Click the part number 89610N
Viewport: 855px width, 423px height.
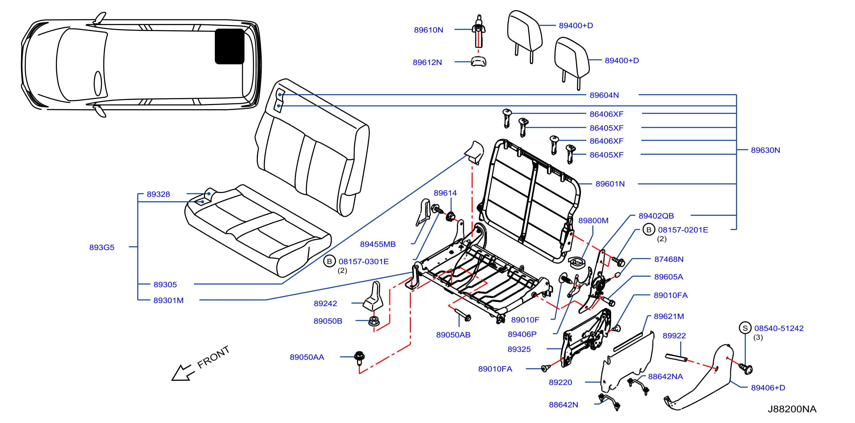point(428,30)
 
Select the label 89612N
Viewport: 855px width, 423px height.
point(427,62)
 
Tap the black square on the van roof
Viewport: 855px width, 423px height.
point(229,46)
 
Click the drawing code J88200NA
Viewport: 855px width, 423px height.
point(792,409)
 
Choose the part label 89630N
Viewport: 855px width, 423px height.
point(765,150)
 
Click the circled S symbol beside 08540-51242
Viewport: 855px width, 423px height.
point(745,328)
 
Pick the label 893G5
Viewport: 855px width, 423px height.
point(102,247)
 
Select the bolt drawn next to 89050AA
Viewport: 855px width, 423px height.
point(359,358)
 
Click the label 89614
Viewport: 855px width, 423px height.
point(445,193)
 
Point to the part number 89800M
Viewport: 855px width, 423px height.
point(593,221)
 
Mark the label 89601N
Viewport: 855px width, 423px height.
point(610,184)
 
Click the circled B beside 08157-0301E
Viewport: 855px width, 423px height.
point(329,261)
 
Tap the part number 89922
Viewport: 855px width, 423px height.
point(674,335)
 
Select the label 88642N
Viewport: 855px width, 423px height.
point(563,404)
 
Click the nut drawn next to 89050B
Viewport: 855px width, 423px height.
point(374,321)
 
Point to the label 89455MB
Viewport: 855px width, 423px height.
point(378,244)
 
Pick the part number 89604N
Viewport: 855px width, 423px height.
point(604,95)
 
